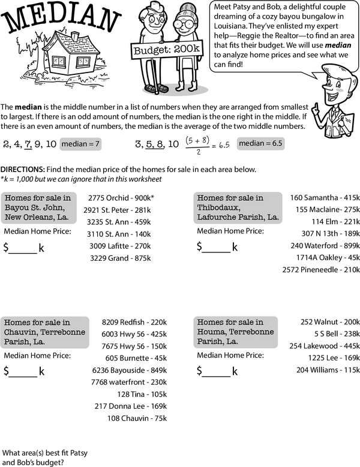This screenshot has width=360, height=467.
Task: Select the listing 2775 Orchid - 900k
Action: click(x=121, y=198)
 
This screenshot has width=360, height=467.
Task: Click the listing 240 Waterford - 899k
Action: click(x=325, y=246)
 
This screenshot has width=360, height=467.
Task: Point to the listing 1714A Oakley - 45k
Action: click(x=323, y=258)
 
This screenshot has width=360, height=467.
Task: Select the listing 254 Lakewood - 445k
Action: click(x=325, y=346)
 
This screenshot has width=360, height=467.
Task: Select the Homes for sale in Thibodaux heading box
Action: click(x=238, y=207)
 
